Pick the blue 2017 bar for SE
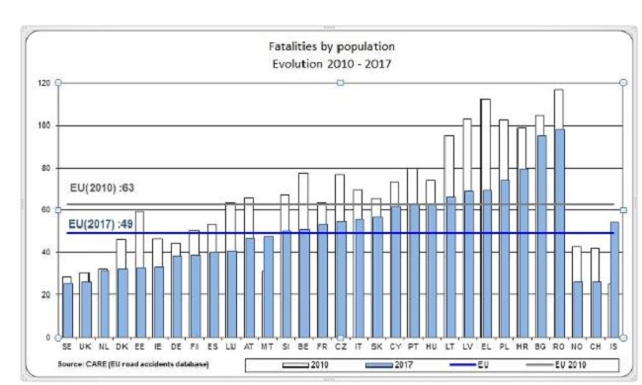coord(67,311)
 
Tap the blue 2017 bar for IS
coord(615,280)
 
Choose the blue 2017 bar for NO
coord(578,310)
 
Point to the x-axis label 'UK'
coord(85,348)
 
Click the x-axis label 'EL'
coord(485,348)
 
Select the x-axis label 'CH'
coord(596,348)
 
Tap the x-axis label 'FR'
coord(322,348)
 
